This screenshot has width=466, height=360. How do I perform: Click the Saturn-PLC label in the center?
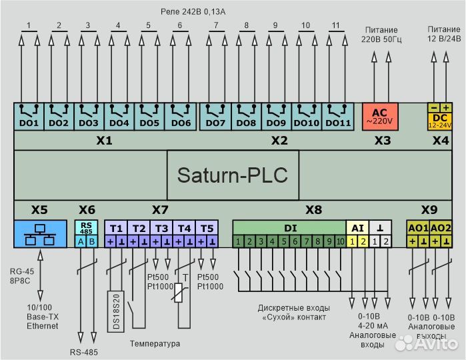[x=232, y=175]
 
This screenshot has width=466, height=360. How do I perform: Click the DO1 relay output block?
[x=29, y=116]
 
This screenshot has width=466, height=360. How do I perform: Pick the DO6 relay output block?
[x=180, y=116]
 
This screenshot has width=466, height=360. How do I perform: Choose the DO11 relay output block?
[x=338, y=116]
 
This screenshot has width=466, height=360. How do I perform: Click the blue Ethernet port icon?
[x=40, y=234]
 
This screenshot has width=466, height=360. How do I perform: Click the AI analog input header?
[x=357, y=228]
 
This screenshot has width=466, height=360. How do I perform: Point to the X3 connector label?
[x=382, y=141]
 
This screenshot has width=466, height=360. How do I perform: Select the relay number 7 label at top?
[x=215, y=27]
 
